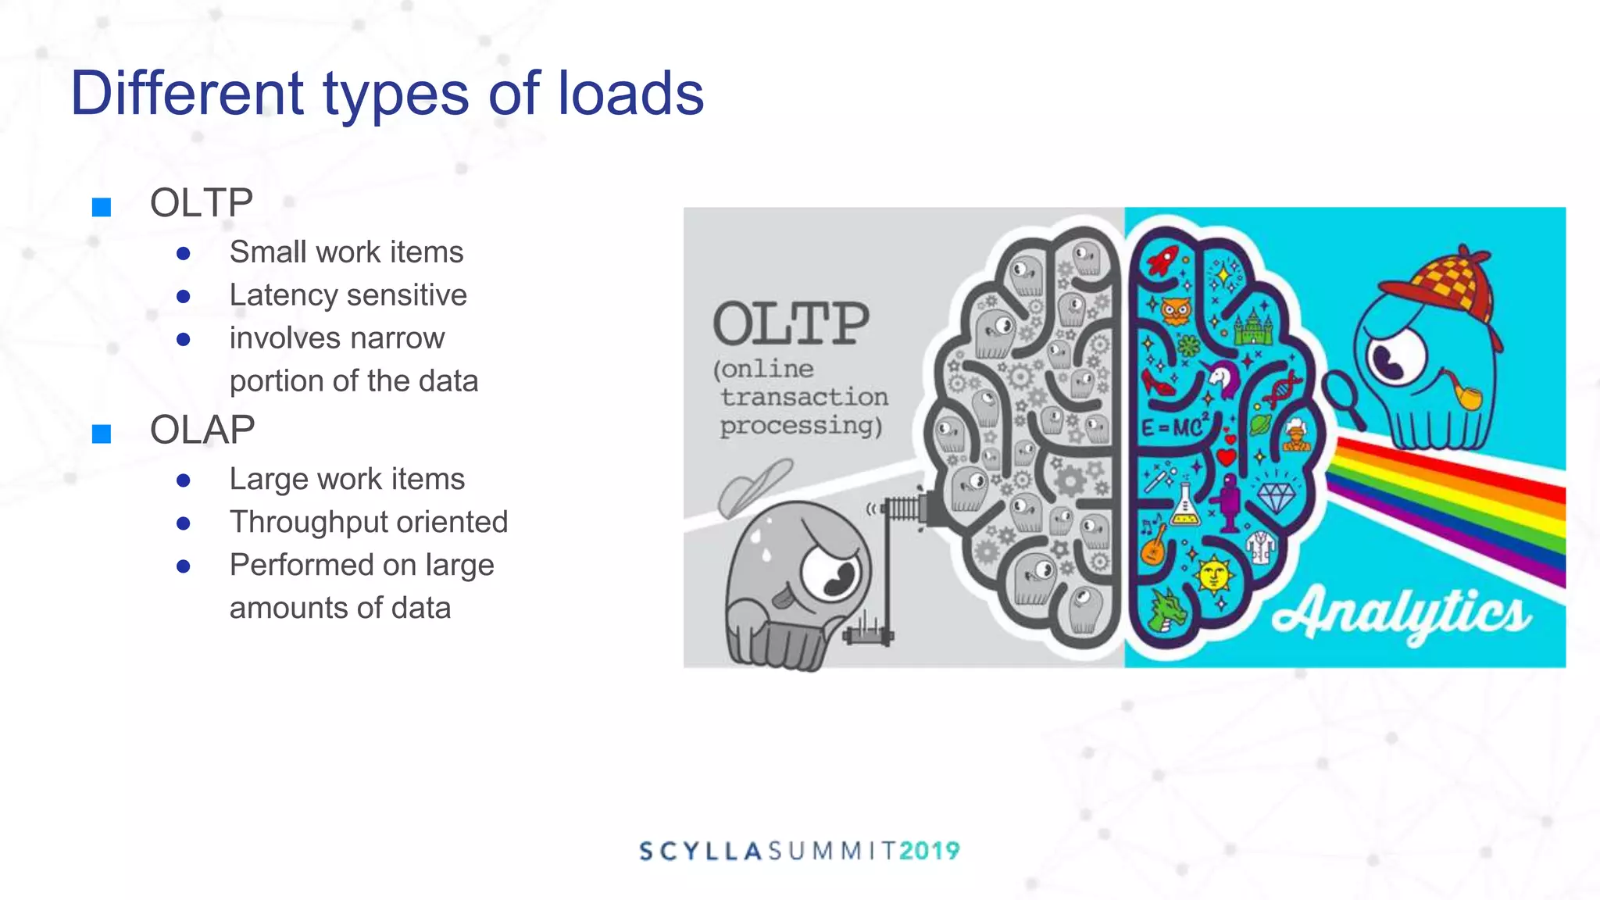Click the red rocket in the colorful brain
click(x=1163, y=259)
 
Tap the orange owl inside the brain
click(x=1175, y=311)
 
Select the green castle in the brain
click(x=1253, y=327)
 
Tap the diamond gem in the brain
click(x=1276, y=495)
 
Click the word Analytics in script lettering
click(x=1402, y=613)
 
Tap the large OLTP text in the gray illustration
click(x=791, y=323)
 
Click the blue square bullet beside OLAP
click(x=102, y=434)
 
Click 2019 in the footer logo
click(x=929, y=851)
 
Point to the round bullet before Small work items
click(x=184, y=253)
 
